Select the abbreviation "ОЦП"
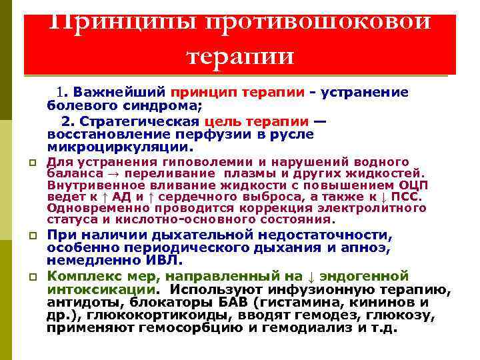click(414, 185)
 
